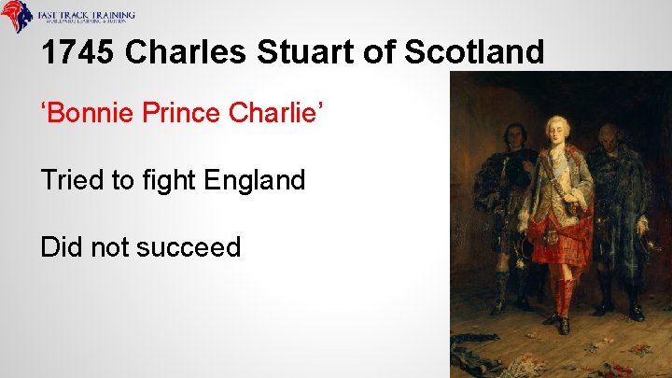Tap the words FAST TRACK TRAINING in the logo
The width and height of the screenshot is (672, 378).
(86, 14)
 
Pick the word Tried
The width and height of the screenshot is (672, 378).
(72, 179)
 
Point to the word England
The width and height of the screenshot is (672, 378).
(259, 179)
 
